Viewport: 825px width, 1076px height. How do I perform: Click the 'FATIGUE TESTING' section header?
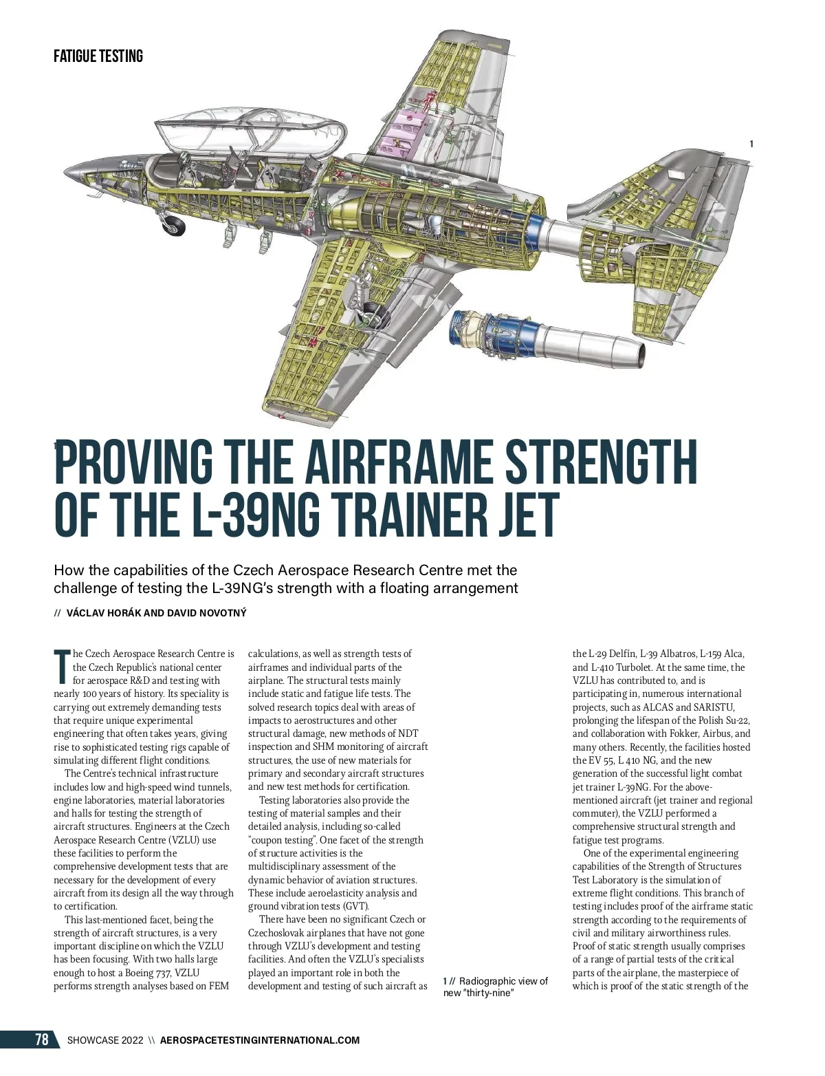click(x=98, y=56)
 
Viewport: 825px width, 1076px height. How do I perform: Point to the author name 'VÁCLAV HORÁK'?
click(x=104, y=613)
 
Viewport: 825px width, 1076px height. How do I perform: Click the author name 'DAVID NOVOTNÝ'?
click(x=206, y=613)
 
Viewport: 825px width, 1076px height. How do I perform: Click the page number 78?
click(x=42, y=1040)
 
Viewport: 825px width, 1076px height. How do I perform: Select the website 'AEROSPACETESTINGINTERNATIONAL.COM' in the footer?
click(x=260, y=1040)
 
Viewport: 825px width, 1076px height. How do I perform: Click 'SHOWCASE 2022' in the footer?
click(x=105, y=1040)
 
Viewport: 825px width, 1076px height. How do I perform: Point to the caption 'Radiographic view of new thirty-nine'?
click(x=496, y=987)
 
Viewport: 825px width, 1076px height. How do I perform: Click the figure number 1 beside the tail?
click(x=751, y=144)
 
